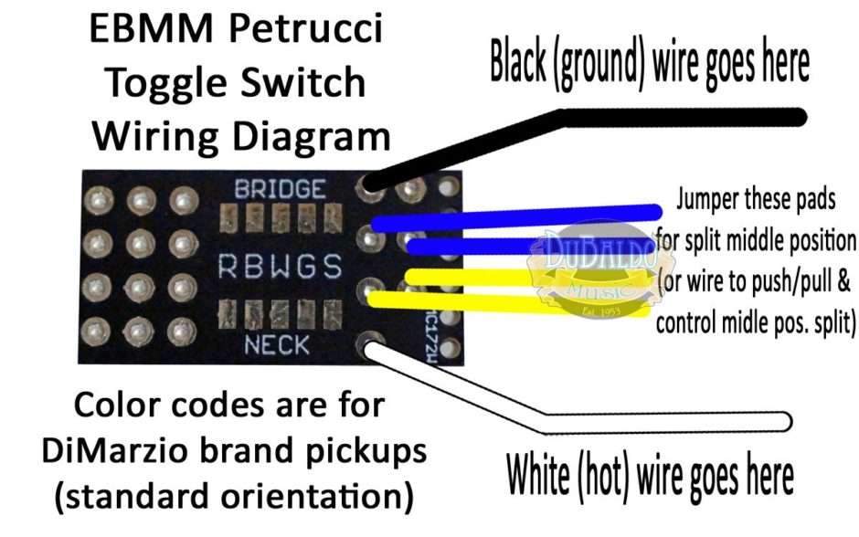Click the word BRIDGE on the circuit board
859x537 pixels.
pos(280,190)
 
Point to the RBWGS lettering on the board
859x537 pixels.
pos(279,267)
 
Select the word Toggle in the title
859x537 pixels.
pos(160,84)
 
